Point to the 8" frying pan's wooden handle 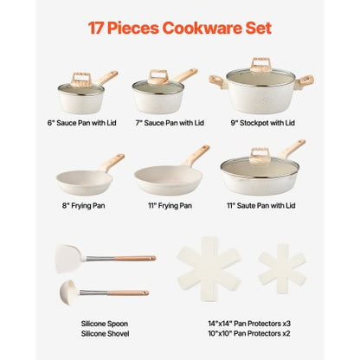pyautogui.click(x=112, y=162)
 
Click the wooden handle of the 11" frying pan pyautogui.click(x=197, y=156)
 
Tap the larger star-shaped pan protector pyautogui.click(x=211, y=269)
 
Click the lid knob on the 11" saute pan pyautogui.click(x=260, y=156)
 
